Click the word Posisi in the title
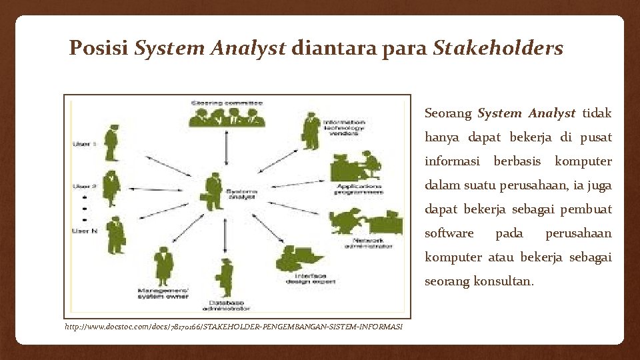coord(99,48)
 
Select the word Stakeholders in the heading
coord(497,48)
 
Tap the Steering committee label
coord(227,103)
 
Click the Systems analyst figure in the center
coord(214,191)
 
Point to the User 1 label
coord(84,144)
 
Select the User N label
coord(84,231)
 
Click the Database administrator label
coord(226,306)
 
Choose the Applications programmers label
coord(360,189)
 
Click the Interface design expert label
coord(306,278)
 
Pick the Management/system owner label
coord(163,294)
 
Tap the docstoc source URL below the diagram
coord(233,327)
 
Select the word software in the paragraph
coord(449,233)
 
